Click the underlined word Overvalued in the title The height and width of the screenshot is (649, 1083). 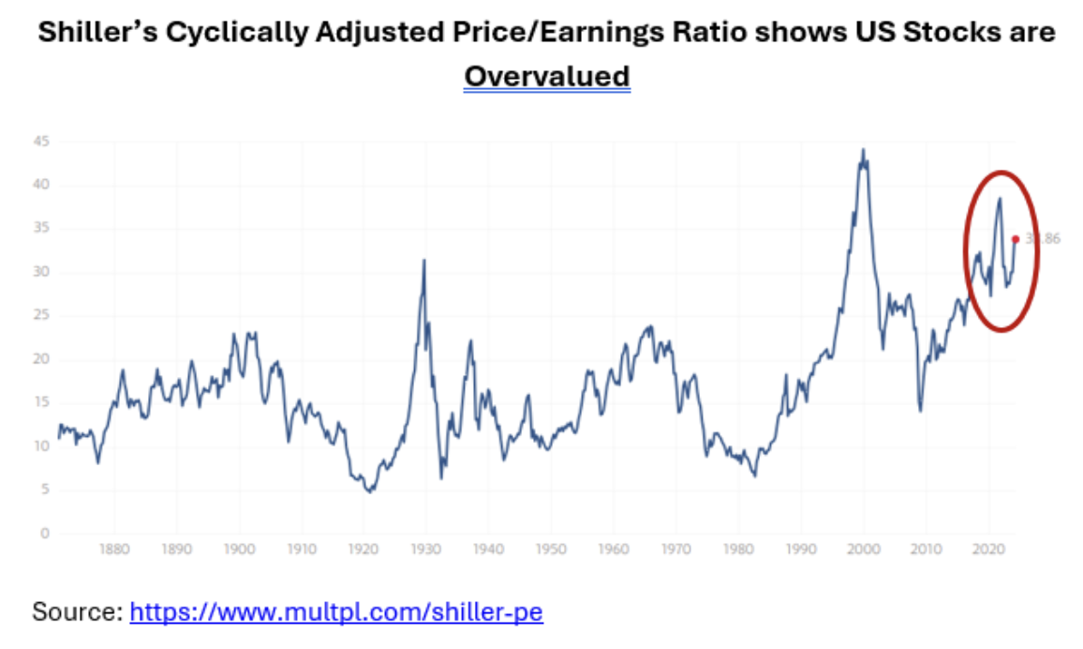point(547,75)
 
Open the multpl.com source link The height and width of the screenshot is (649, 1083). point(336,612)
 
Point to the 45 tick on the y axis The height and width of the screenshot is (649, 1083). point(42,142)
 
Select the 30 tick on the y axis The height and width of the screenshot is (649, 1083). point(42,272)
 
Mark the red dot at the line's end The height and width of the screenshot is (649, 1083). point(1016,239)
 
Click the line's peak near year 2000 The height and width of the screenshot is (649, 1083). point(863,149)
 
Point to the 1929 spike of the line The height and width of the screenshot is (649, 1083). point(424,260)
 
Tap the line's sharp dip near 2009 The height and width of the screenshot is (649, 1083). point(920,411)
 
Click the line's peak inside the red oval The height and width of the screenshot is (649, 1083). point(1000,198)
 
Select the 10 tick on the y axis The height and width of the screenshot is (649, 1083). point(42,446)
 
